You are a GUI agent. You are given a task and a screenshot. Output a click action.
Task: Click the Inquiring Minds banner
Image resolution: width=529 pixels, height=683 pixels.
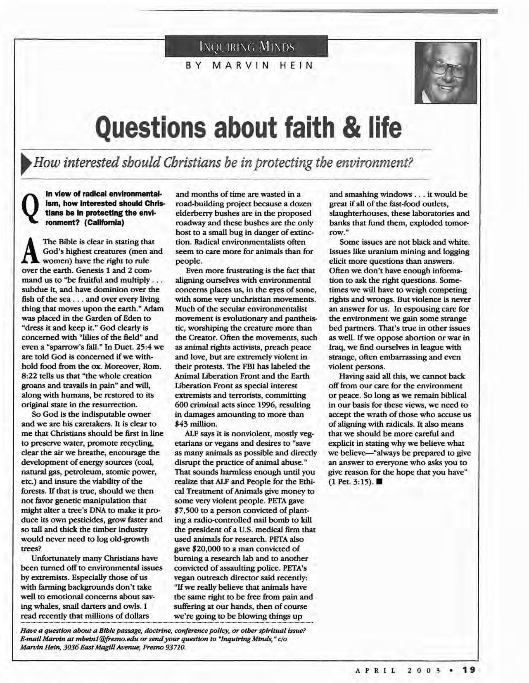246,46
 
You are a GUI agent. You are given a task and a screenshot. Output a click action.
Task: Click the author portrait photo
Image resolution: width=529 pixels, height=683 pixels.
446,73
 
